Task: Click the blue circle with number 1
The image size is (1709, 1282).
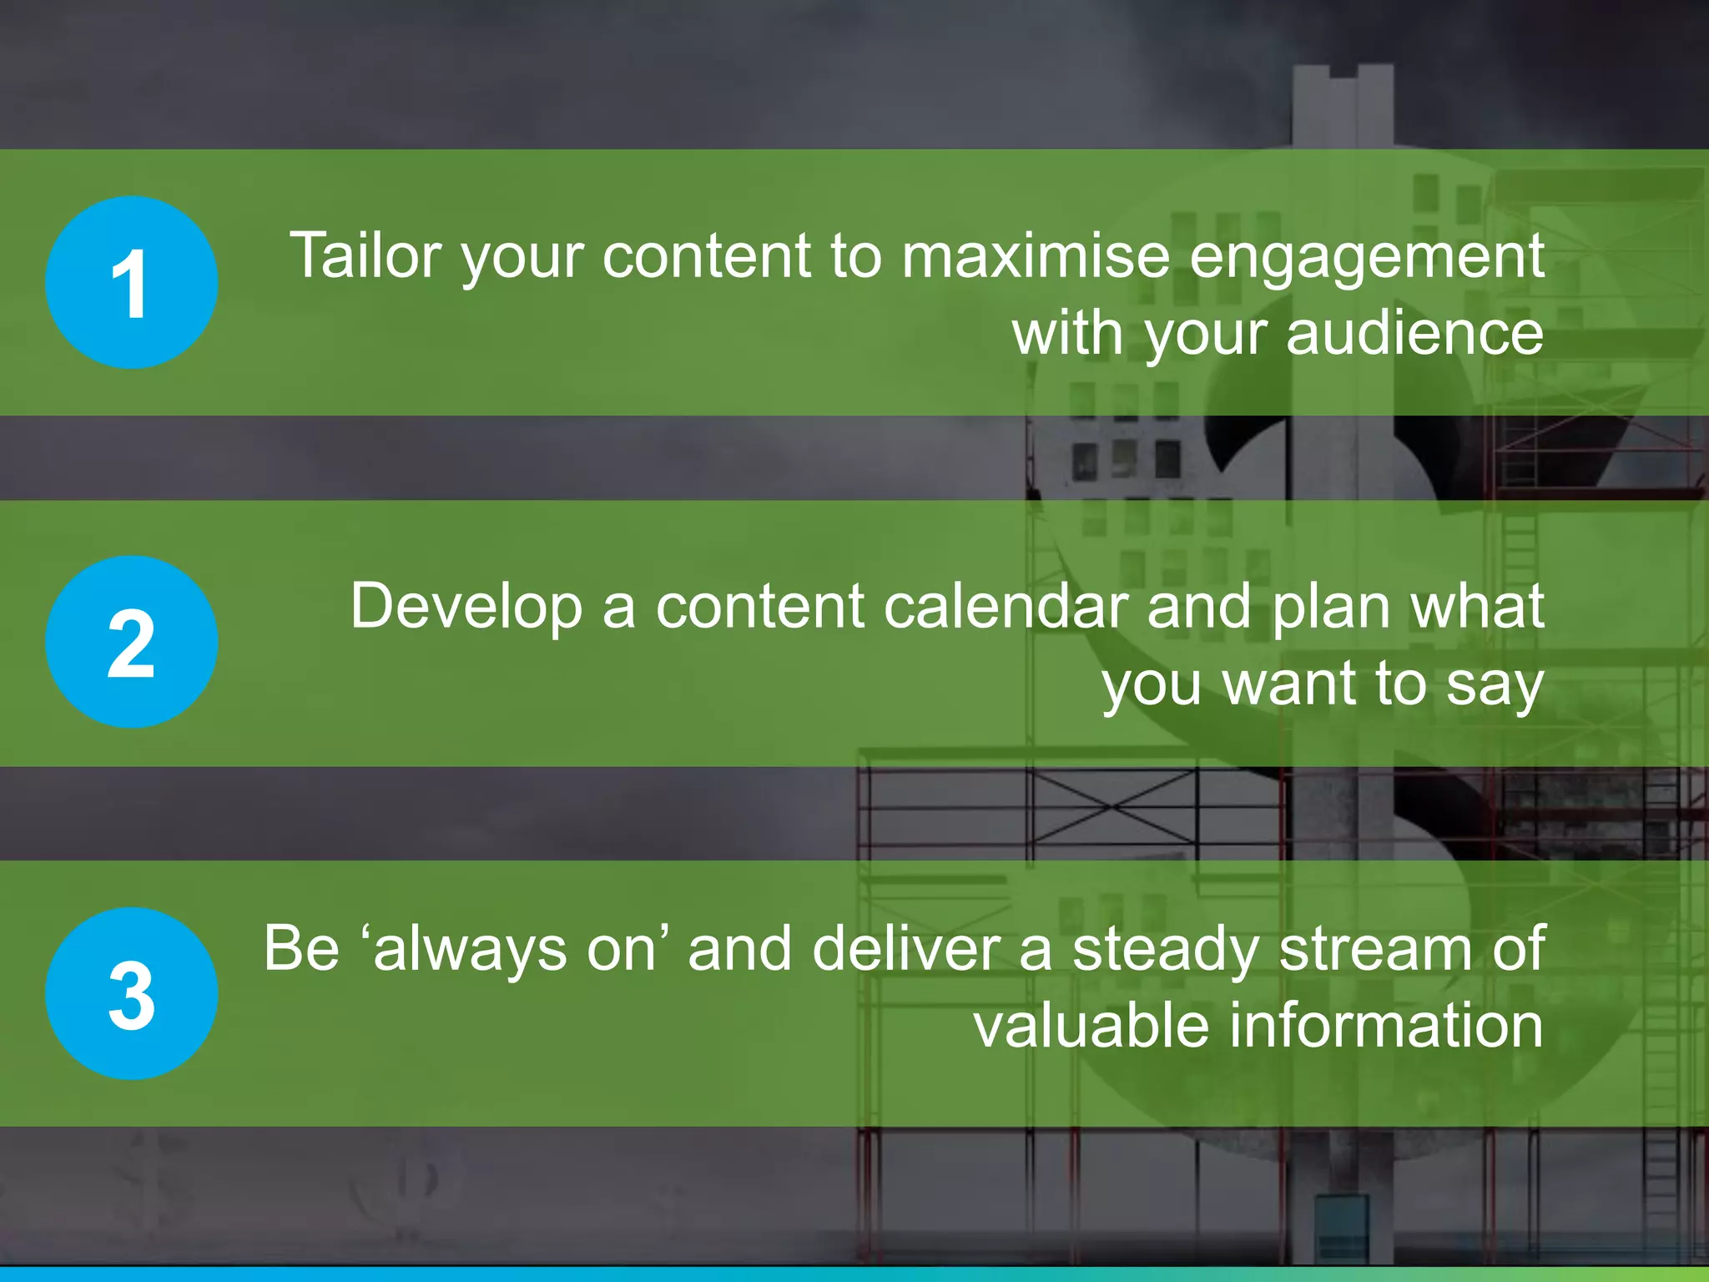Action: [x=131, y=282]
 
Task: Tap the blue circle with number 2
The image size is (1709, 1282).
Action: [x=131, y=642]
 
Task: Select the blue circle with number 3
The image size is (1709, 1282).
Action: [x=131, y=993]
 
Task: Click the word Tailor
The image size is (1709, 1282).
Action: [x=365, y=255]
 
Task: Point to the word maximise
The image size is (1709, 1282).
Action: [x=1036, y=255]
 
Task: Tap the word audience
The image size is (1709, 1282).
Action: [x=1414, y=333]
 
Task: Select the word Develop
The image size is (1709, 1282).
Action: [x=466, y=608]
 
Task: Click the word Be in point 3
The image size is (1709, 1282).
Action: [x=301, y=948]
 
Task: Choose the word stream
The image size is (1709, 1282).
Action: [x=1378, y=948]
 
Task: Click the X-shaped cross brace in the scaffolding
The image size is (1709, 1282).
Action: [x=1112, y=806]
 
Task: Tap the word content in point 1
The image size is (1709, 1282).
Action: [x=706, y=255]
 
